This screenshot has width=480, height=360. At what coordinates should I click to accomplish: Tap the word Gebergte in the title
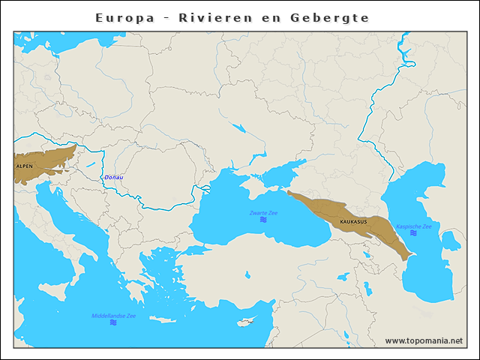point(335,17)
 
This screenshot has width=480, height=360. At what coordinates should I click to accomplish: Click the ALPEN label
point(23,167)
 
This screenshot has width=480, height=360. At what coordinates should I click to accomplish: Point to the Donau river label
point(114,178)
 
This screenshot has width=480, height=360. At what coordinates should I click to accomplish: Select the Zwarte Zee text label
point(263,213)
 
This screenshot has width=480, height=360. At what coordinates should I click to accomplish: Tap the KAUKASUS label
point(353,222)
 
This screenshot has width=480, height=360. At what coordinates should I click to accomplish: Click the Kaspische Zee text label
point(413,226)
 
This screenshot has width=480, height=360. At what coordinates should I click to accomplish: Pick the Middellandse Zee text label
point(113,316)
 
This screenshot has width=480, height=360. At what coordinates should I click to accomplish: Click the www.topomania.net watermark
point(424,340)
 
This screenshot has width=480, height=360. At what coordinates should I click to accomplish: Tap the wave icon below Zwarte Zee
point(263,220)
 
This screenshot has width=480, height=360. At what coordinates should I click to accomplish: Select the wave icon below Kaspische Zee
point(413,233)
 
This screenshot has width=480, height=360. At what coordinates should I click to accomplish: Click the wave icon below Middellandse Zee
point(113,322)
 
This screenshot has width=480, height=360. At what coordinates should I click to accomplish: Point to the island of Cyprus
point(244,323)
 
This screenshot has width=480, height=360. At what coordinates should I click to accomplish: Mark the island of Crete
point(162,319)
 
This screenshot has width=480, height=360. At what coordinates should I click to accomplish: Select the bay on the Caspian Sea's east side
point(450,241)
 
